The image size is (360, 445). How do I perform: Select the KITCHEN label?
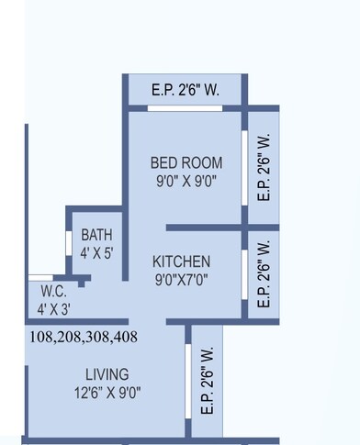click(x=181, y=261)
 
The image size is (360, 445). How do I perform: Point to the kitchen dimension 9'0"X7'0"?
click(x=181, y=281)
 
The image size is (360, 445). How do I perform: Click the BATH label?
click(x=96, y=234)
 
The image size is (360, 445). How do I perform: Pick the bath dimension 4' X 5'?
click(x=96, y=251)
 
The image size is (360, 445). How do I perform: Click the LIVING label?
click(x=107, y=374)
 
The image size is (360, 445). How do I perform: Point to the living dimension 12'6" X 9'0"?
click(x=107, y=394)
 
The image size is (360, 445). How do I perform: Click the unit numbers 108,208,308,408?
click(x=84, y=337)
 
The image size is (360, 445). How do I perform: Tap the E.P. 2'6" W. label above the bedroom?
click(x=185, y=89)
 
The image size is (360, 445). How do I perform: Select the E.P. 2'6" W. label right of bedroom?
click(x=264, y=167)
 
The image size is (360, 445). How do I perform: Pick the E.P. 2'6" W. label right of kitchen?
click(x=264, y=273)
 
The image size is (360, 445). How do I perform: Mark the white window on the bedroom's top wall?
click(x=186, y=108)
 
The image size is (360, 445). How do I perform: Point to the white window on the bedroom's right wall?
click(x=244, y=168)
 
